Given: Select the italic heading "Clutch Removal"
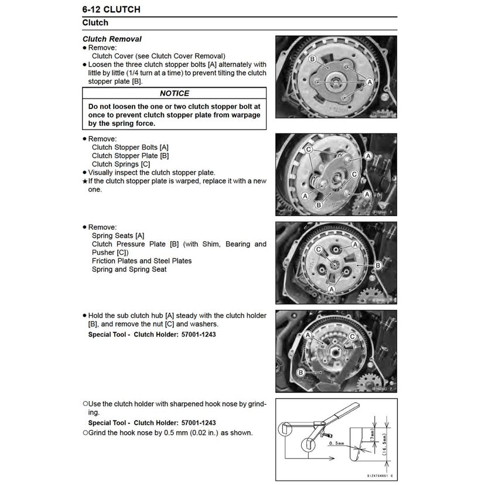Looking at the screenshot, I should tap(112, 39).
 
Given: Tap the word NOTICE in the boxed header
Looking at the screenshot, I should tap(175, 93).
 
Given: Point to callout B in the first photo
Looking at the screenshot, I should tap(312, 59).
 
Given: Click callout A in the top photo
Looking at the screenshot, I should tap(369, 83).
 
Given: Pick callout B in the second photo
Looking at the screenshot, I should tap(319, 205).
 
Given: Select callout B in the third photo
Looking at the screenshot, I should tap(377, 266).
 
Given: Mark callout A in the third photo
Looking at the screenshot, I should tap(332, 288).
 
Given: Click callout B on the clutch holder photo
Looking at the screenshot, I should tap(300, 373).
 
